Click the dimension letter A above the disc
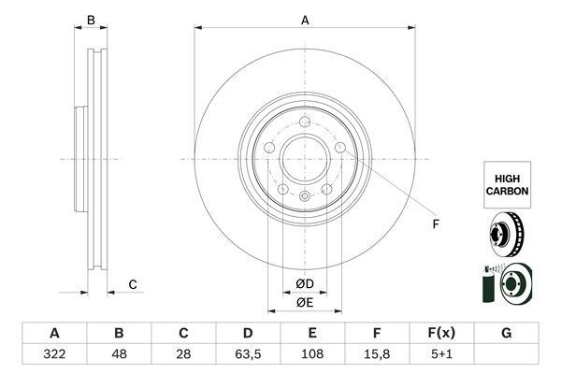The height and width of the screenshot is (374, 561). (x=305, y=19)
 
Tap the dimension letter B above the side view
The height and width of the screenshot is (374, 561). (x=91, y=20)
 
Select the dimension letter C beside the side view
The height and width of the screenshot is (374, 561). (x=133, y=284)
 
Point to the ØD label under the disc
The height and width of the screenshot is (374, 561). (x=305, y=284)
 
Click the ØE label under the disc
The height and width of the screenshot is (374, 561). (x=305, y=301)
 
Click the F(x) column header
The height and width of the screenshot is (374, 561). (x=441, y=334)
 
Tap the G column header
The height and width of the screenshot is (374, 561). (x=506, y=334)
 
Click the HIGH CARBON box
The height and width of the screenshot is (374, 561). (x=507, y=182)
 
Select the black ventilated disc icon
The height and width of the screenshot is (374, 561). (x=507, y=235)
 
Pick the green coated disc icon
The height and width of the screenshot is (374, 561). (x=505, y=284)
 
